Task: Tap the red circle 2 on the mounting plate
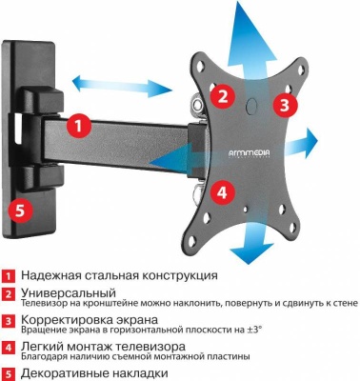221,95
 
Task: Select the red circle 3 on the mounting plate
282,103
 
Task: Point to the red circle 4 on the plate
221,190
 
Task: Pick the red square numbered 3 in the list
8,323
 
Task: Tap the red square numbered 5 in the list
8,374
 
